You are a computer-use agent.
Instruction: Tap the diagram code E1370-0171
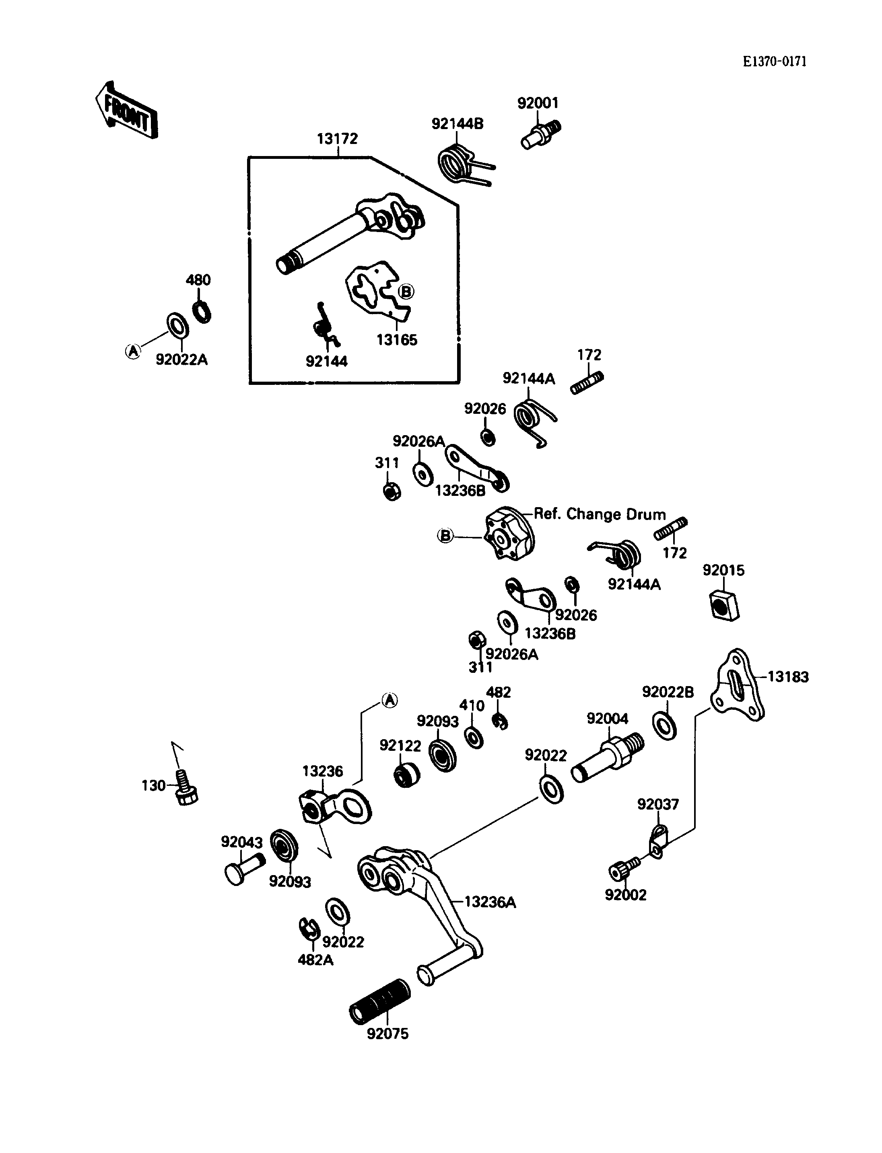(775, 62)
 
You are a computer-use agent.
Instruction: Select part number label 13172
(337, 139)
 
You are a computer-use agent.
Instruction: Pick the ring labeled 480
(202, 312)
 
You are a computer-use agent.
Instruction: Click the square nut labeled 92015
(723, 605)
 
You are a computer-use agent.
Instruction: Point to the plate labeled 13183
(737, 685)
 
